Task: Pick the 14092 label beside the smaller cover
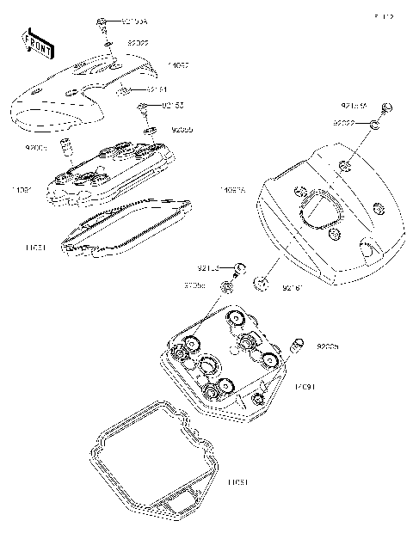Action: point(178,64)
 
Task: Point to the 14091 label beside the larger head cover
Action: point(305,388)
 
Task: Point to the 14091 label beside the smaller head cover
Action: point(22,188)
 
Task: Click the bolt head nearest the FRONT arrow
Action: point(102,21)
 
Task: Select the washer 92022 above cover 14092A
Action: point(375,126)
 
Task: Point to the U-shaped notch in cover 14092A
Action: point(367,249)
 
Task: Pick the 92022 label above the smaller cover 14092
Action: point(138,41)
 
